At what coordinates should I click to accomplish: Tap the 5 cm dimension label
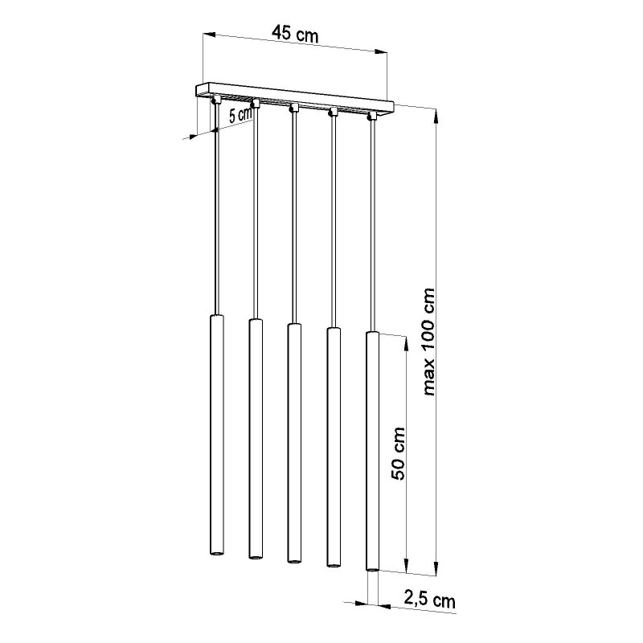point(240,115)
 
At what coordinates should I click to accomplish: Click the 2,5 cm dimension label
point(428,600)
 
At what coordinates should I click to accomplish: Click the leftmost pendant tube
point(218,434)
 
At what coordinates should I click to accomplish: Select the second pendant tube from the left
point(256,438)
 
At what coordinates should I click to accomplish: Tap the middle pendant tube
point(294,442)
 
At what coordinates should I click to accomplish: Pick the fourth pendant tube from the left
point(333,446)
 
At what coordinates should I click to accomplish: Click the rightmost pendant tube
point(372,450)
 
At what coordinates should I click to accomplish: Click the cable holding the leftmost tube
point(217,209)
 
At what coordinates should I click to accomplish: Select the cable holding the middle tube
point(293,217)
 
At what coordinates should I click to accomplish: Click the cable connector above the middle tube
point(294,107)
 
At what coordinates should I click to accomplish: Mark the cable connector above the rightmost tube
point(371,116)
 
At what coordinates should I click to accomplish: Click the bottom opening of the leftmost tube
point(218,554)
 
